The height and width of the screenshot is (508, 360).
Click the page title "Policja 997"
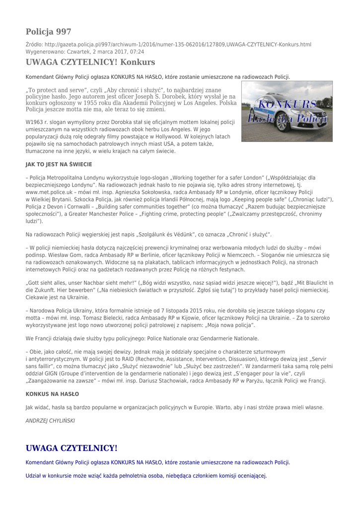point(48,32)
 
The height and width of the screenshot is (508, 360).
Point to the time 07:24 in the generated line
point(137,52)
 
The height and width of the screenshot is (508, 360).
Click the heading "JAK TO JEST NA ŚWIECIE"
point(59,164)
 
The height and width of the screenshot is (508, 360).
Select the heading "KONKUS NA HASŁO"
point(52,394)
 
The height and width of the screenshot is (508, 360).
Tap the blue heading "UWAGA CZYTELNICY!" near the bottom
point(72,448)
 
